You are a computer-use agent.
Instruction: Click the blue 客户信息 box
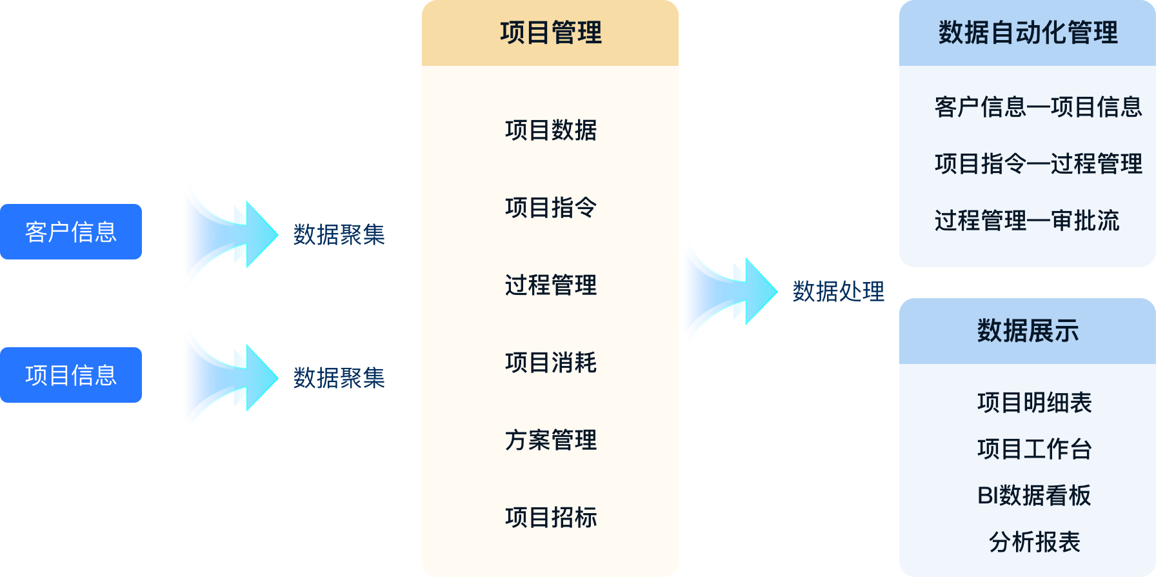coord(71,232)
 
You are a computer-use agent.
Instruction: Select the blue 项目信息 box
coord(71,375)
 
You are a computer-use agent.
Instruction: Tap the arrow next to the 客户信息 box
coord(229,234)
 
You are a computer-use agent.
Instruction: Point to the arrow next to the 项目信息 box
coord(229,377)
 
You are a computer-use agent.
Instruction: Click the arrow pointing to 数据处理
coord(729,290)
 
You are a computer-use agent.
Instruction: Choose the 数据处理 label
coord(838,292)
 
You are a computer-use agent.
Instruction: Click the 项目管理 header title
coord(550,33)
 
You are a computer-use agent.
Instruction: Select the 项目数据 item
coord(550,130)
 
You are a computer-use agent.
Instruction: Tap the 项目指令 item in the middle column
coord(550,208)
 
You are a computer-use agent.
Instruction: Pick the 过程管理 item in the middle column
coord(550,285)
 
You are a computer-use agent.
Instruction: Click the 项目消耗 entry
coord(550,363)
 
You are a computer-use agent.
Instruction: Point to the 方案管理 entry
coord(550,440)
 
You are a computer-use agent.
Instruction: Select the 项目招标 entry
coord(550,518)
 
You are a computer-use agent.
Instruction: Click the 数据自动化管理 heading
coord(1028,33)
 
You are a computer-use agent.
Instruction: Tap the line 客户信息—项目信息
coord(1038,107)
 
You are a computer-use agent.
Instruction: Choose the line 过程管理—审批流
coord(1026,221)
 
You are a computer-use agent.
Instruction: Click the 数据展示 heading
coord(1028,331)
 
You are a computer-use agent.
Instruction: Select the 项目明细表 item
coord(1034,403)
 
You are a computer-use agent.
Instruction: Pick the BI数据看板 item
coord(1034,496)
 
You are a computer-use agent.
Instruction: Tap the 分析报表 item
coord(1034,542)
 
